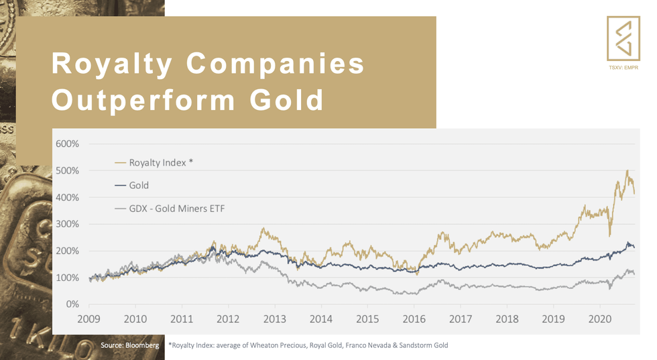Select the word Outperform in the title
pyautogui.click(x=143, y=100)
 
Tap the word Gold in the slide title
pyautogui.click(x=288, y=100)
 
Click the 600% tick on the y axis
pyautogui.click(x=67, y=143)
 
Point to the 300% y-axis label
pyautogui.click(x=67, y=224)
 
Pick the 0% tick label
pyautogui.click(x=72, y=304)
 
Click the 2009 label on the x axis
pyautogui.click(x=89, y=319)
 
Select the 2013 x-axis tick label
pyautogui.click(x=275, y=319)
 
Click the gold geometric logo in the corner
pyautogui.click(x=623, y=38)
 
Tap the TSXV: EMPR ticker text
pyautogui.click(x=623, y=68)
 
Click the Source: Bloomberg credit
pyautogui.click(x=129, y=345)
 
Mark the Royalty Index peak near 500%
pyautogui.click(x=627, y=172)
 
